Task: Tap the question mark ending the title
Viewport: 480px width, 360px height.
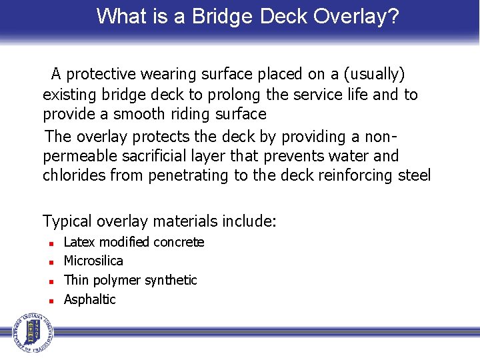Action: pos(393,16)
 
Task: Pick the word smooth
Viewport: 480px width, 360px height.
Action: pos(139,114)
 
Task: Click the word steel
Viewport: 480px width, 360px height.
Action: pos(413,175)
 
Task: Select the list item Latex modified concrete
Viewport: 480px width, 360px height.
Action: pos(133,242)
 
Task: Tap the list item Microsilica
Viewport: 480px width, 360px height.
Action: pos(93,261)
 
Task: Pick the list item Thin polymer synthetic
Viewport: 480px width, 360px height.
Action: pos(130,280)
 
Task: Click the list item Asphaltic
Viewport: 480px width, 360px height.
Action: pos(89,299)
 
